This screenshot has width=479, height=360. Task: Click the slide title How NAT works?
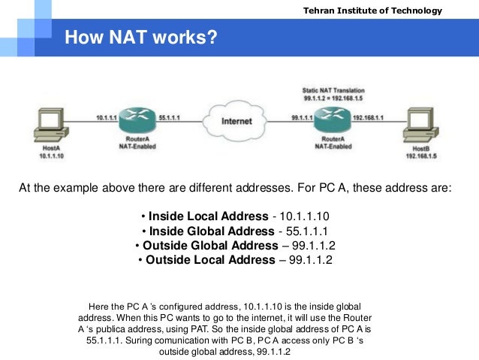pyautogui.click(x=141, y=37)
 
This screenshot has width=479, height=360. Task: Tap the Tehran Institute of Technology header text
pyautogui.click(x=383, y=11)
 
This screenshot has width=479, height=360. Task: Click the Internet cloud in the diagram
pyautogui.click(x=236, y=120)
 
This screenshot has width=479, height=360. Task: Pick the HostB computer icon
pyautogui.click(x=420, y=126)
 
